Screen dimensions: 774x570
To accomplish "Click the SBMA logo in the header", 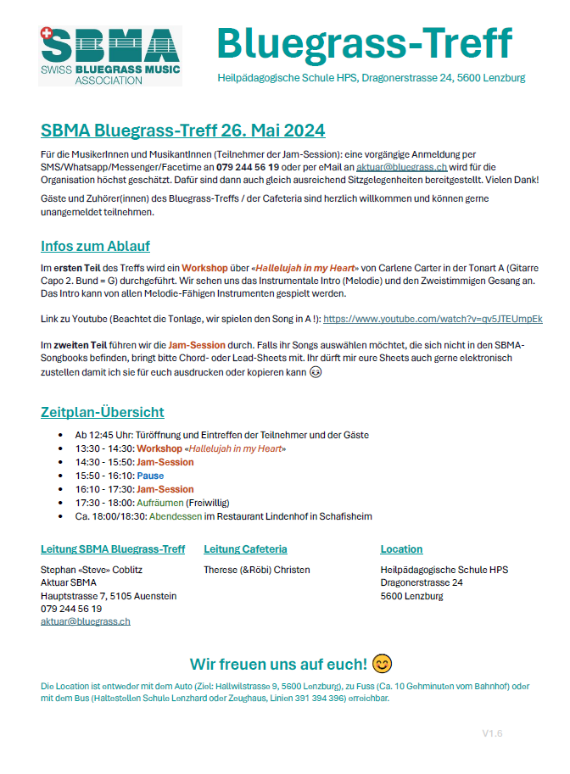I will pyautogui.click(x=109, y=55).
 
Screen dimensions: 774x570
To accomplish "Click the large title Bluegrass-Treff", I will pyautogui.click(x=364, y=42).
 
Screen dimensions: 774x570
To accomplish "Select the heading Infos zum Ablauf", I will pyautogui.click(x=95, y=246).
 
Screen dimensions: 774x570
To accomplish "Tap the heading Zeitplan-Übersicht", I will pyautogui.click(x=103, y=412).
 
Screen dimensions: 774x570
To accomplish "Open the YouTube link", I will pyautogui.click(x=433, y=319).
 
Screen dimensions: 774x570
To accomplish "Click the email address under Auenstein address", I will pyautogui.click(x=86, y=621).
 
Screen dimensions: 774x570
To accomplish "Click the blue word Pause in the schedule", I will pyautogui.click(x=150, y=476).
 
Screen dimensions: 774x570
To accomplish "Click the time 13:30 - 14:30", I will pyautogui.click(x=104, y=448).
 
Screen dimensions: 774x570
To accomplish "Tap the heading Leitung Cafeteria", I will pyautogui.click(x=245, y=548).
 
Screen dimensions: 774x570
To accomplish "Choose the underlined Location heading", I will pyautogui.click(x=401, y=548).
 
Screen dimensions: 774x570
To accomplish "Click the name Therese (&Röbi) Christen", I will pyautogui.click(x=257, y=570).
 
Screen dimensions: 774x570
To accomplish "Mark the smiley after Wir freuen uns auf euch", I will pyautogui.click(x=383, y=662).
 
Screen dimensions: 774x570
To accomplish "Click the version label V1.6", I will pyautogui.click(x=492, y=732).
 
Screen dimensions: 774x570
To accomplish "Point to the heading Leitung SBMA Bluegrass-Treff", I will pyautogui.click(x=113, y=548).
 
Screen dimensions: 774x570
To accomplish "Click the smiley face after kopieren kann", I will pyautogui.click(x=315, y=373).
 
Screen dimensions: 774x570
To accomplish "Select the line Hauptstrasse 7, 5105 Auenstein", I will pyautogui.click(x=109, y=596).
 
